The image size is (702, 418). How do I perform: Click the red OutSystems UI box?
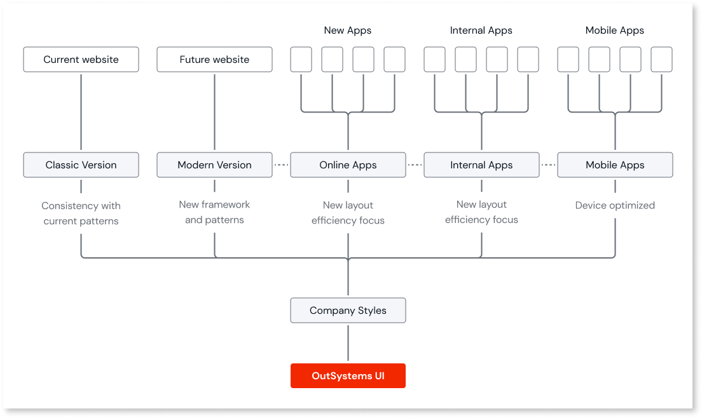click(x=348, y=375)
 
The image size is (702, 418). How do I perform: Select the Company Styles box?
click(x=348, y=311)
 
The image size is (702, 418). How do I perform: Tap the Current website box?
click(x=81, y=60)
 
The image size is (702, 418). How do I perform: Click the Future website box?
click(x=214, y=60)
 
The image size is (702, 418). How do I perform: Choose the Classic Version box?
click(x=81, y=165)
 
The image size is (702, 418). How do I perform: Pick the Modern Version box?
click(x=214, y=165)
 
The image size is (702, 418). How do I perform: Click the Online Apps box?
click(x=348, y=165)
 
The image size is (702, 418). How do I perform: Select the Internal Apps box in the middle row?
click(x=481, y=165)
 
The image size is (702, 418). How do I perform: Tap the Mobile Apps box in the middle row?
click(x=615, y=165)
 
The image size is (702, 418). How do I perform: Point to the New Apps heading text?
click(x=348, y=30)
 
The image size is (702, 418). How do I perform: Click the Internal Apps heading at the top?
click(x=481, y=30)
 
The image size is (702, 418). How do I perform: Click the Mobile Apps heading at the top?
click(x=615, y=30)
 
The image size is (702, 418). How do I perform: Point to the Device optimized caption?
click(x=615, y=205)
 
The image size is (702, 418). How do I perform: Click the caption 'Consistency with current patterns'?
click(x=81, y=213)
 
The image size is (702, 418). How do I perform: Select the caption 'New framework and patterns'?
click(x=214, y=212)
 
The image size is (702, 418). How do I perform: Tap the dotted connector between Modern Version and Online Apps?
click(x=281, y=165)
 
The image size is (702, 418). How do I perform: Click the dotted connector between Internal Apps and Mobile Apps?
click(x=548, y=165)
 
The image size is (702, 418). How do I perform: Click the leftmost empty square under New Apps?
click(x=301, y=60)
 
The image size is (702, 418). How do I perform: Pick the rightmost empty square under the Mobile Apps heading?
click(x=661, y=60)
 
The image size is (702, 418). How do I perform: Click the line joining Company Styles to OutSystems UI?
click(x=348, y=343)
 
